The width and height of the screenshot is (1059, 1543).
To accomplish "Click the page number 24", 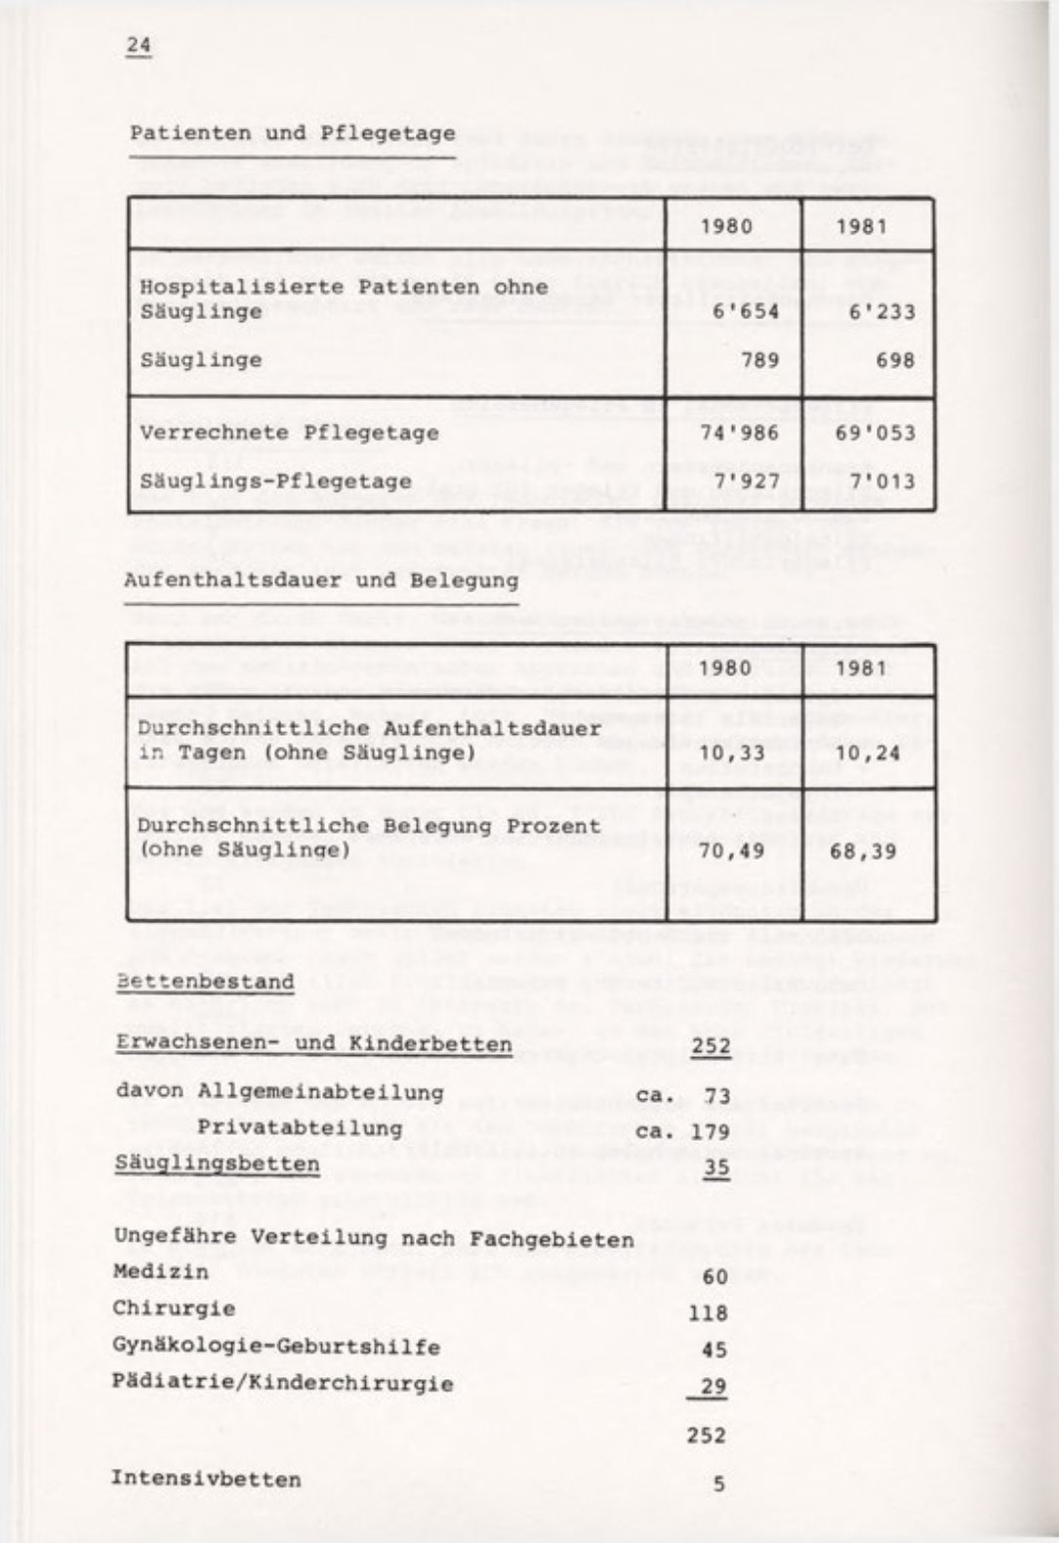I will click(x=139, y=46).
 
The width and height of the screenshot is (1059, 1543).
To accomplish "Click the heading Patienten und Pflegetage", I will click(x=293, y=133).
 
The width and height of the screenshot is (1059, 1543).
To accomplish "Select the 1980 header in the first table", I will click(x=727, y=227).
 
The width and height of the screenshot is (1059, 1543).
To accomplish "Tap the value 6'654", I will click(x=746, y=311).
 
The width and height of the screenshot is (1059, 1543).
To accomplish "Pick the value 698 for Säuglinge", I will click(x=895, y=360).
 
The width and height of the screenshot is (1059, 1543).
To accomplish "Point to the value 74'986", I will click(x=741, y=432).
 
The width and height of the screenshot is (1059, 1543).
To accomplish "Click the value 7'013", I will click(x=881, y=481).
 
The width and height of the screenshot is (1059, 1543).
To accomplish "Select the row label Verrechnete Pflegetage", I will click(x=289, y=432).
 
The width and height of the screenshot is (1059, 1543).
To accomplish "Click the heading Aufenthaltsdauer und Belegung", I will click(x=321, y=580).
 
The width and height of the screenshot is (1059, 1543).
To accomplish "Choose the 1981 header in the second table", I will click(x=861, y=669).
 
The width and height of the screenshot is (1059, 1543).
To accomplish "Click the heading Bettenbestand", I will click(x=205, y=981).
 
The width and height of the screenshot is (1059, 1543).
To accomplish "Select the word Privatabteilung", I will click(x=300, y=1128).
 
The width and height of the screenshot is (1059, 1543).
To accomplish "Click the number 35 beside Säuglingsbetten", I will click(x=716, y=1167).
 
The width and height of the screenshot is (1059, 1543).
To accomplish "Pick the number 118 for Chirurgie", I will click(x=709, y=1313).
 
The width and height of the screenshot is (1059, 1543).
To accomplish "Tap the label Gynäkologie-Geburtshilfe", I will click(x=276, y=1347).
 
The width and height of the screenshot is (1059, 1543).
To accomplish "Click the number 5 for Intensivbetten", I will click(x=719, y=1483).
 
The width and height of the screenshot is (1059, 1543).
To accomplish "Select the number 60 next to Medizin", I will click(x=714, y=1276).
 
